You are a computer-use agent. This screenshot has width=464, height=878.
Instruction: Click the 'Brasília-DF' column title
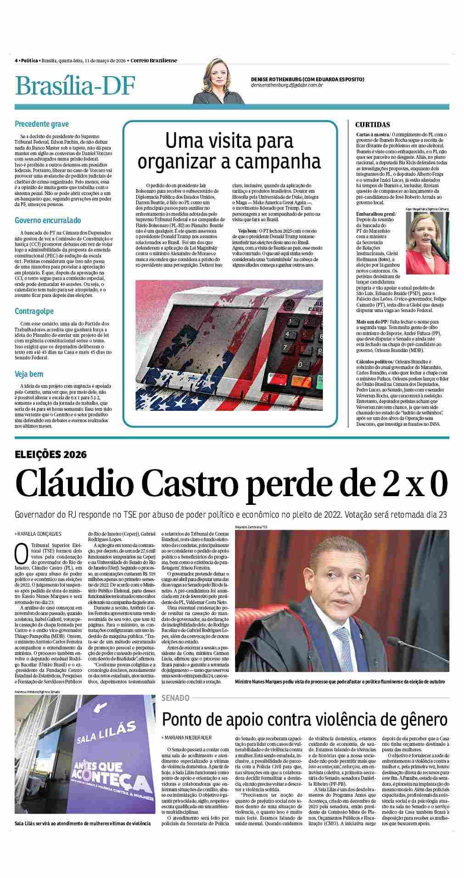tap(75, 86)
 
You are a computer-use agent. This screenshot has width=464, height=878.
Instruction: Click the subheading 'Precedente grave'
tap(42, 124)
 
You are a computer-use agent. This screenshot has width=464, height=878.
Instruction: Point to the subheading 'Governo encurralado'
tap(48, 220)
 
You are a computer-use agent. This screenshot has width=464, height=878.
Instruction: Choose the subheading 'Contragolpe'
tap(34, 311)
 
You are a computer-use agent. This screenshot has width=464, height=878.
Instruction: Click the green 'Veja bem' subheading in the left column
tap(29, 374)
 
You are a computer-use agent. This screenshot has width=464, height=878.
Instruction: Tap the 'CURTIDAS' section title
tap(373, 124)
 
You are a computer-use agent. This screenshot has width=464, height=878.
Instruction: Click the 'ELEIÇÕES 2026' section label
tap(50, 455)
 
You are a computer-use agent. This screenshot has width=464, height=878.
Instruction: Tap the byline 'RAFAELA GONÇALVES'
tap(39, 534)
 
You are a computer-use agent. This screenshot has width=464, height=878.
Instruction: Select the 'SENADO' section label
tap(175, 698)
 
